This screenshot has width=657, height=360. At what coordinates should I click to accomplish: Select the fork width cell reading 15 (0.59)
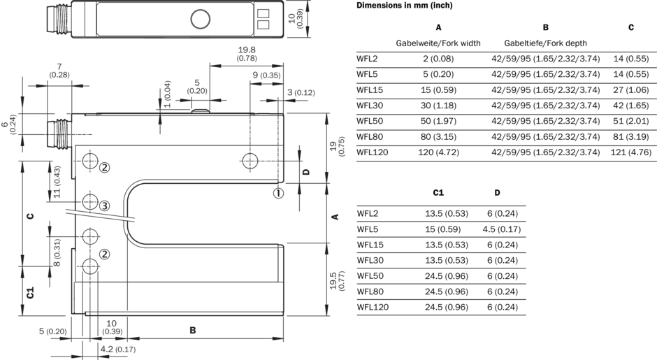coord(438,89)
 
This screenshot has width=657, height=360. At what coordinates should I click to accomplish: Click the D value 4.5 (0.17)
coord(496,229)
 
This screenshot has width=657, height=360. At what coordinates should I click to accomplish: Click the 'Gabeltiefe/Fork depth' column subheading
coord(545,43)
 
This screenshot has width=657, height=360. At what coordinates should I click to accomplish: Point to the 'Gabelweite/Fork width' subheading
coord(438,43)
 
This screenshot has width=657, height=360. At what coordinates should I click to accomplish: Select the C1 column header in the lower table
coord(439,192)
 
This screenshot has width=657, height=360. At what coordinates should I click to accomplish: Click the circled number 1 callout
coord(278,193)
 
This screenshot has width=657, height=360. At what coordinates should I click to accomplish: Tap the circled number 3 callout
coord(104,206)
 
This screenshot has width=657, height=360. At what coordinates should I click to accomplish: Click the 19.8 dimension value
coord(246,50)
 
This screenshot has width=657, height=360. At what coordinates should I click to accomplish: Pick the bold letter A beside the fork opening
coord(336,216)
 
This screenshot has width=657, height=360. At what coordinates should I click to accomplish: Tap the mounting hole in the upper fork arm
coord(251,160)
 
